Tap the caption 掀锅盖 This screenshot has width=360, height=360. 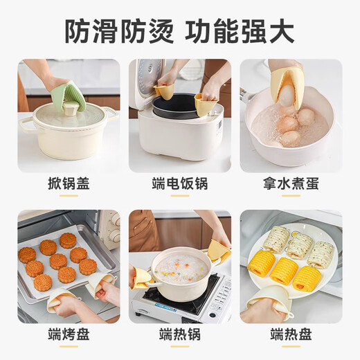pos(68,184)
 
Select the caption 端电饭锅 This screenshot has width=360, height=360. pos(179,184)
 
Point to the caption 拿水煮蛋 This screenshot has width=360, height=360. pos(290,184)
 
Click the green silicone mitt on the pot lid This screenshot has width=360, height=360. pos(68,98)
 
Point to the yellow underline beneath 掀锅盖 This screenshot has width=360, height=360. pos(68,196)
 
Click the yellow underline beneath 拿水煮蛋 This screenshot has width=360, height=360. pos(290,196)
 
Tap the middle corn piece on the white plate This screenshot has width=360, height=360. pos(284,270)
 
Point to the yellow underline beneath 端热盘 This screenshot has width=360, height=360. pos(290,347)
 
